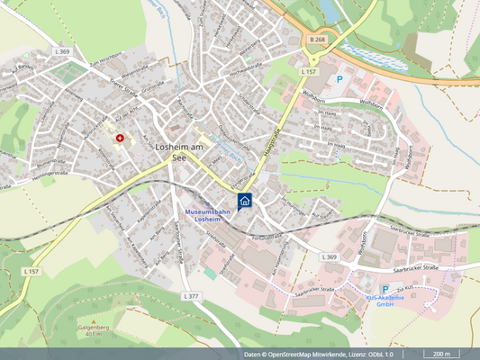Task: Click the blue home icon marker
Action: (x=244, y=200)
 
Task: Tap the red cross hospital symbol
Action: (x=121, y=139)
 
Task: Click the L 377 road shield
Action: (x=190, y=295)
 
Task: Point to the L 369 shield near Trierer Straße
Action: (x=62, y=53)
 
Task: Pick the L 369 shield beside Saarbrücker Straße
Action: (x=329, y=256)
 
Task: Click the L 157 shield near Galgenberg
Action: (x=32, y=270)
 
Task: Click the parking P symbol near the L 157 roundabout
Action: (x=340, y=79)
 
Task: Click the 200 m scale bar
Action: (x=442, y=354)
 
